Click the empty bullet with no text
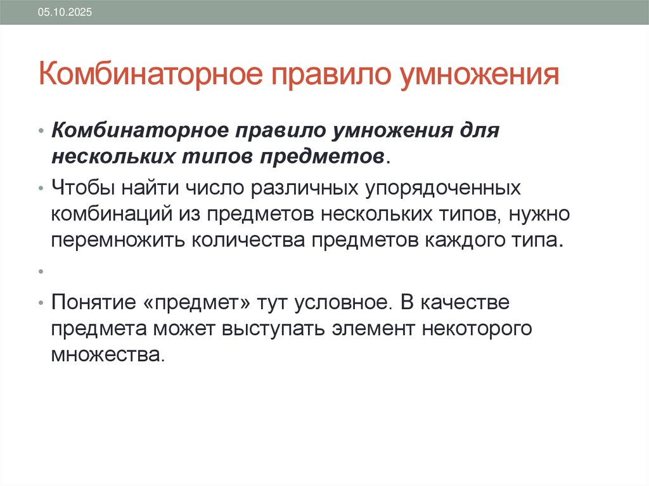coord(40,271)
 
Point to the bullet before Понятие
coord(40,302)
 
